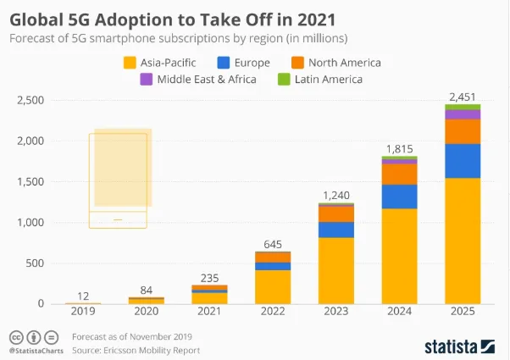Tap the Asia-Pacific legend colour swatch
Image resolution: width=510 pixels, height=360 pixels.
[130, 63]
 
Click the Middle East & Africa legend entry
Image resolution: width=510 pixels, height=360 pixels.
[193, 80]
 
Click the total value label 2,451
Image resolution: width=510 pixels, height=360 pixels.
[463, 96]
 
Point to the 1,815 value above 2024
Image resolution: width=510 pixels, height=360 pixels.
[399, 148]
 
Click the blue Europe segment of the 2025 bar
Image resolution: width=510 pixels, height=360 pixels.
[463, 161]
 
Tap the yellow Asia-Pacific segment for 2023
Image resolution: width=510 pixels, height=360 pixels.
[336, 270]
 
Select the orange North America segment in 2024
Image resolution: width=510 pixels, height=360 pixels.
[399, 174]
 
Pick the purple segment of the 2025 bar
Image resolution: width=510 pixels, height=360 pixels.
[463, 114]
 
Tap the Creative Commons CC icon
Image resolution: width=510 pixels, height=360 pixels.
[14, 337]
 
